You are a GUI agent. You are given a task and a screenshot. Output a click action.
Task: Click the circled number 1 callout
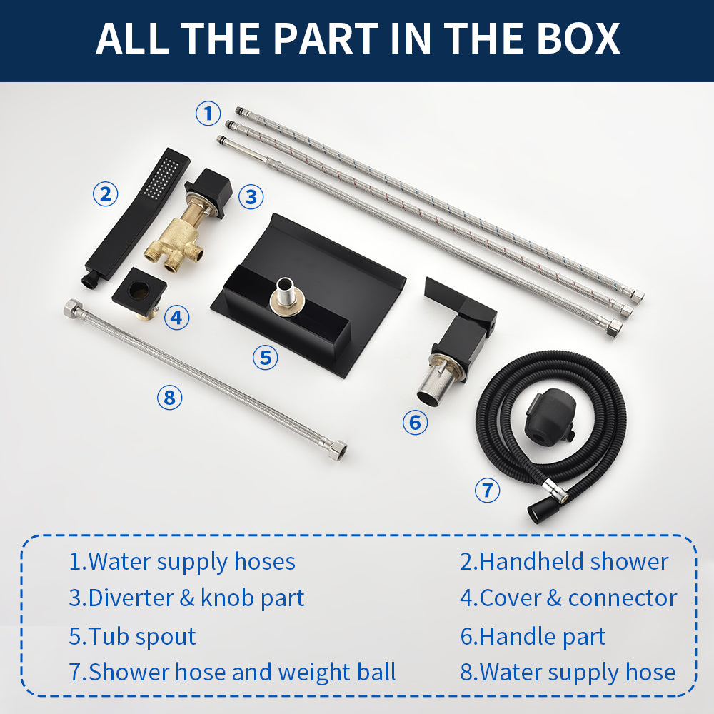click(208, 114)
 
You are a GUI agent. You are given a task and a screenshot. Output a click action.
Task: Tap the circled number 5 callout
click(266, 358)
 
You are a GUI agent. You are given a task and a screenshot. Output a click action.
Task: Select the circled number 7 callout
click(487, 491)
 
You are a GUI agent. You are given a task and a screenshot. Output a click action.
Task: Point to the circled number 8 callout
click(169, 398)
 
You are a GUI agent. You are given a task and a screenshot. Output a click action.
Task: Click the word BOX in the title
click(578, 39)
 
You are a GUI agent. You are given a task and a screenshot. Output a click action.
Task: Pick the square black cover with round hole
click(140, 291)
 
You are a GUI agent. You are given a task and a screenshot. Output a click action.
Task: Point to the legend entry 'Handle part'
click(533, 636)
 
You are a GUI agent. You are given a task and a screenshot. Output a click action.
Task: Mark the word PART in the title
click(326, 39)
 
